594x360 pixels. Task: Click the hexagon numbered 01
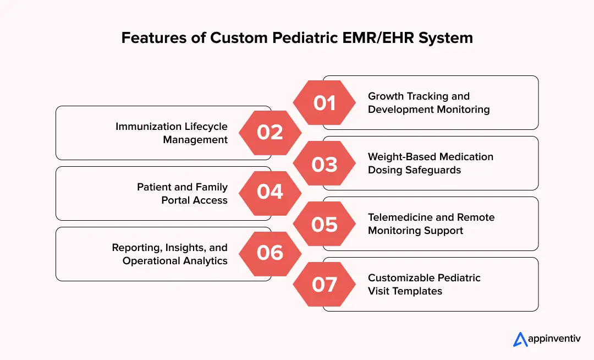pos(324,103)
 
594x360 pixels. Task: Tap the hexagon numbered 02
pos(270,133)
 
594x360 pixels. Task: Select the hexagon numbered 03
pos(324,163)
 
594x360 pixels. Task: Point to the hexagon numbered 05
pos(324,224)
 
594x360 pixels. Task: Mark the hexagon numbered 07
pos(324,285)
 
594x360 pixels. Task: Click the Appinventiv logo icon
pos(520,339)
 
